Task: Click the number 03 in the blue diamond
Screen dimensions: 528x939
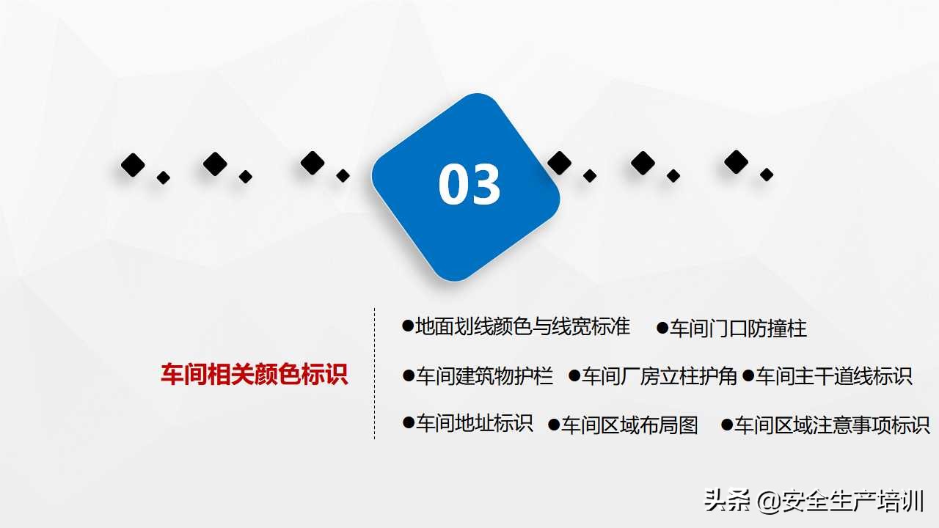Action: tap(469, 185)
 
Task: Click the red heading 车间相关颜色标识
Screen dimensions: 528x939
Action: tap(254, 375)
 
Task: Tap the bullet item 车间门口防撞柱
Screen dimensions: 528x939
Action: tap(738, 328)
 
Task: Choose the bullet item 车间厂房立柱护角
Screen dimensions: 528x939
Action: tap(659, 376)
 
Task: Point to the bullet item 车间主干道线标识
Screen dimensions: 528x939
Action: tap(833, 376)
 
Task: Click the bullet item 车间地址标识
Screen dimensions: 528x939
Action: tap(474, 423)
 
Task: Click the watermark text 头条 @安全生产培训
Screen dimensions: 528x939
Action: tap(814, 502)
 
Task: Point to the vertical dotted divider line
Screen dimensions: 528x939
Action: tap(375, 373)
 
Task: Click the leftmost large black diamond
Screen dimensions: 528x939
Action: tap(133, 165)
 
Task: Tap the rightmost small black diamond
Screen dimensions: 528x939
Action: tap(767, 175)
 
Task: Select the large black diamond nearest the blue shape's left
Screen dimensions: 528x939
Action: tap(313, 163)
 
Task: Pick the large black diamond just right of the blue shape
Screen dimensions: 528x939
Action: tap(559, 163)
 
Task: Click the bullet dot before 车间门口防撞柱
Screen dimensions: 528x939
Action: tap(662, 327)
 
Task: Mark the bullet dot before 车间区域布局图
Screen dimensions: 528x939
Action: tap(555, 424)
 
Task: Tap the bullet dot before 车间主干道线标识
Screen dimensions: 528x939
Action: tap(748, 375)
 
